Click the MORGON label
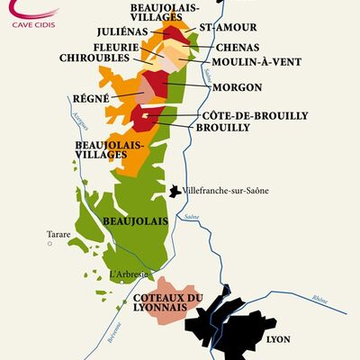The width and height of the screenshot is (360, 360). tap(238, 87)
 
